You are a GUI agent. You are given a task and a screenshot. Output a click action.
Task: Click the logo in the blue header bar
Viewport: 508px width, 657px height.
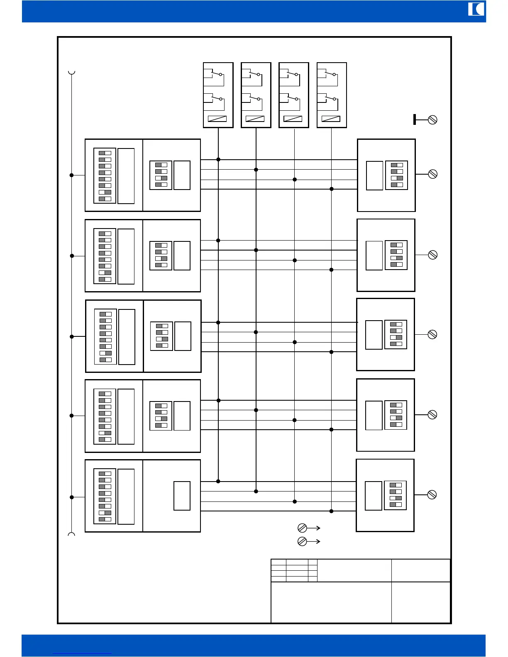[476, 9]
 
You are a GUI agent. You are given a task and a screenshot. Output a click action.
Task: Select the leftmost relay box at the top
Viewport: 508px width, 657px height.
[218, 95]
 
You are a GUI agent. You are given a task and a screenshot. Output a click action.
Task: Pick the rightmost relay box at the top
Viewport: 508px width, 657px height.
[332, 95]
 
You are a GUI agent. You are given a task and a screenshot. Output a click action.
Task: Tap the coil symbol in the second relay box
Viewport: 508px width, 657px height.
[255, 119]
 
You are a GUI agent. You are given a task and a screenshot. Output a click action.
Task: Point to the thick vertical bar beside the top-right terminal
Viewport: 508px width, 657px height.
[415, 119]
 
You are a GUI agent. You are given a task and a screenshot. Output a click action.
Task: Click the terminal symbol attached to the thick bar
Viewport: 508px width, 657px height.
[432, 120]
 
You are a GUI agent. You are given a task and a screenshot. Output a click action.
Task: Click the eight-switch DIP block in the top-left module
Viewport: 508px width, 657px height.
[105, 175]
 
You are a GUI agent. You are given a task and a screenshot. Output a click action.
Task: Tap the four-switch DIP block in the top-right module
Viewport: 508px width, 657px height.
[396, 175]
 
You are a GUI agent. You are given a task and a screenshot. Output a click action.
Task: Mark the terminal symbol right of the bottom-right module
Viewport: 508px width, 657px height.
[432, 494]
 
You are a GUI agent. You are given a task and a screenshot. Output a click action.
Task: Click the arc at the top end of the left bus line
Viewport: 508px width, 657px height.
[72, 73]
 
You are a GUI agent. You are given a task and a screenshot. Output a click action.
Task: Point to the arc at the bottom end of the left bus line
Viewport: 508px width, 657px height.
[71, 534]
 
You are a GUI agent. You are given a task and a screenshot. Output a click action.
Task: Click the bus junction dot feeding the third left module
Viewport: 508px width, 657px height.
[72, 336]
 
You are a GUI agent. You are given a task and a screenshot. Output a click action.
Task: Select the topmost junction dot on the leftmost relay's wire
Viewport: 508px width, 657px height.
[218, 159]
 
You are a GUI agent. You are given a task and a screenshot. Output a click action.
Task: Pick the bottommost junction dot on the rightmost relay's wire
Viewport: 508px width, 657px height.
[331, 511]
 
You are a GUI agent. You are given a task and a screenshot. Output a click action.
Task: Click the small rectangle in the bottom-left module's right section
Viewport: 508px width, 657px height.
[182, 496]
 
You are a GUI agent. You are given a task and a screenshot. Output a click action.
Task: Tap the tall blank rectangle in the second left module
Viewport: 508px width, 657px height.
[126, 256]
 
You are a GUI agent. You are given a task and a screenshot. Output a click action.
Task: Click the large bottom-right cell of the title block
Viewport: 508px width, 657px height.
[421, 602]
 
